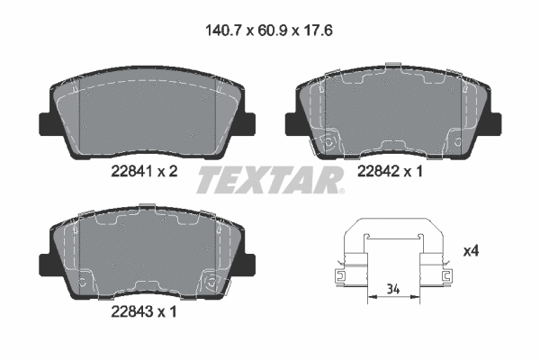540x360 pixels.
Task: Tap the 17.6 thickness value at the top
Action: pos(319,29)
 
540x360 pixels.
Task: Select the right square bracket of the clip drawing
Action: pos(445,275)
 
